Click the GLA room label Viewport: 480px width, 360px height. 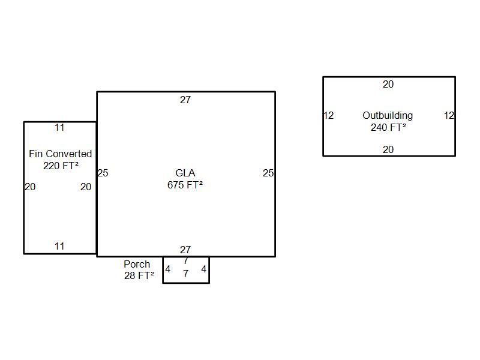pos(185,173)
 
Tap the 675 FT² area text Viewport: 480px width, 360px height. pos(185,185)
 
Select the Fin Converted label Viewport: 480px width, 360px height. pos(60,154)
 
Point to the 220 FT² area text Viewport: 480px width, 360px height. pos(61,166)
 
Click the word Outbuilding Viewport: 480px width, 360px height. pos(388,115)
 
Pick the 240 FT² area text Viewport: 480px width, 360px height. pos(388,127)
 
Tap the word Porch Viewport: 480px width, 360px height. pos(137,264)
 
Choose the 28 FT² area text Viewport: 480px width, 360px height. pos(139,276)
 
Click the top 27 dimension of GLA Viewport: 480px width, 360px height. pos(185,100)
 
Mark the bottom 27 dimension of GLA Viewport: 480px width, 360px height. pos(185,250)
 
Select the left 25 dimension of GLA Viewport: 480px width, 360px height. pos(103,173)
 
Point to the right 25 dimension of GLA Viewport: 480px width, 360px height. pos(268,173)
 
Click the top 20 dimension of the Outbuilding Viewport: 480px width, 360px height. pos(388,85)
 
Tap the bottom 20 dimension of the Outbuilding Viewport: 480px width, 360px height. pos(388,150)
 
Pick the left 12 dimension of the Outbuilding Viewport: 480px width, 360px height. pos(328,116)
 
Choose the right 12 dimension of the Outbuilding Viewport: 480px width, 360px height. pos(449,116)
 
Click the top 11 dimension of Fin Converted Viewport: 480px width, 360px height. pos(59,128)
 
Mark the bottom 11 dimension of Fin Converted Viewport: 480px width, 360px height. pos(59,247)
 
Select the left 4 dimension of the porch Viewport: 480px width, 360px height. pos(168,269)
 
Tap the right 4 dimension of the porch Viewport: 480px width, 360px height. pos(204,269)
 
